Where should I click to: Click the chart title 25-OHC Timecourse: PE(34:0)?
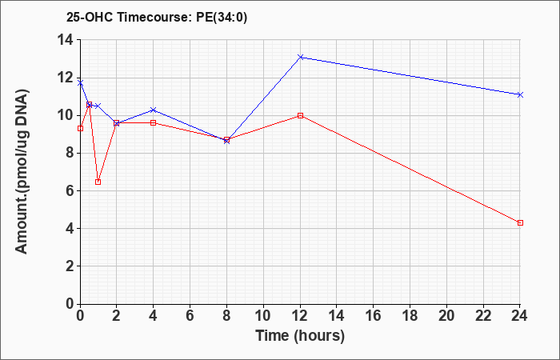[157, 18]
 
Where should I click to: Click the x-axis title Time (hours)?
[300, 336]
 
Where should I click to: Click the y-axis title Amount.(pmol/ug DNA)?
[22, 170]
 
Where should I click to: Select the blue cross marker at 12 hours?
[300, 57]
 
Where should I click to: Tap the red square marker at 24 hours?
[520, 223]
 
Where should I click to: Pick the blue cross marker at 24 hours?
[520, 94]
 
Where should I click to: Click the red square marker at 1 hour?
[98, 182]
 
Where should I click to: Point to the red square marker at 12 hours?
[300, 116]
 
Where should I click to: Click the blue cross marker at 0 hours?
[80, 83]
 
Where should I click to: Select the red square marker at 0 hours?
[80, 129]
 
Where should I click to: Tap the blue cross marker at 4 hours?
[154, 110]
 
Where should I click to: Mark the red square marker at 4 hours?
[154, 123]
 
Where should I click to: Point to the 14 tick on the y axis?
[78, 40]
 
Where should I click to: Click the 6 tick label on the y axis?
[70, 190]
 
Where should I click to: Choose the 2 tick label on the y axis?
[70, 266]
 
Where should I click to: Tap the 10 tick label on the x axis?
[263, 316]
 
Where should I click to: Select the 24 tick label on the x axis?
[520, 316]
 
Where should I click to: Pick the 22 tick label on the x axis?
[483, 316]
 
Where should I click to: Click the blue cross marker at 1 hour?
[98, 106]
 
